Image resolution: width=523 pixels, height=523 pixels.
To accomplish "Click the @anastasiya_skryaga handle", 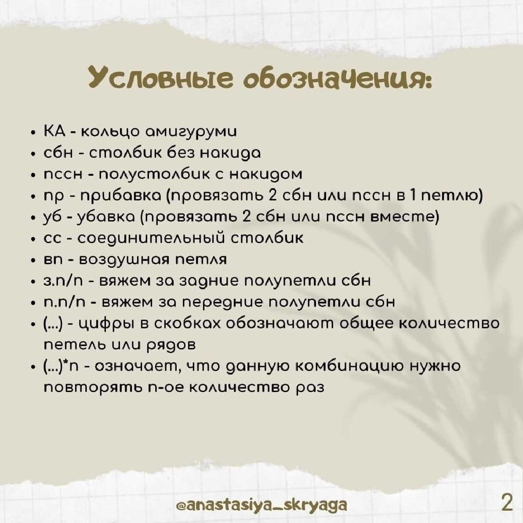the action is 261,505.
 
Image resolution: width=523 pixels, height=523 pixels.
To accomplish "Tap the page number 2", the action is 507,502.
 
